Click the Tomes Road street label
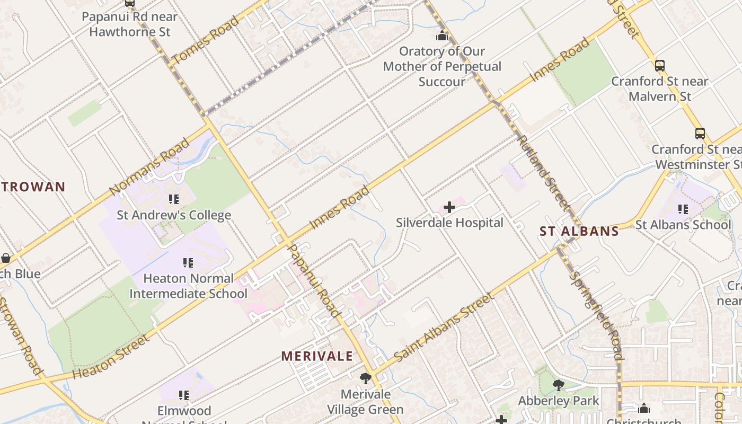(206, 40)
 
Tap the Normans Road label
(149, 166)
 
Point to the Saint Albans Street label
(444, 327)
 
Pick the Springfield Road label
(595, 315)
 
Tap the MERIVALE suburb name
(317, 356)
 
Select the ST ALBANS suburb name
(579, 231)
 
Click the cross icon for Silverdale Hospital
(449, 207)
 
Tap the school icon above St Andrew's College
(173, 199)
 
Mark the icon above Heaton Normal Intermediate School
(188, 263)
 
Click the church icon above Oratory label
(442, 36)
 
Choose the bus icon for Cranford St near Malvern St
(659, 66)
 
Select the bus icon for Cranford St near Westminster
(700, 134)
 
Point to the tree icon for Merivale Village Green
(365, 378)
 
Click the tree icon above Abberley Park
(558, 385)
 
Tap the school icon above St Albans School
(683, 209)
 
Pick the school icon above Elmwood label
(184, 395)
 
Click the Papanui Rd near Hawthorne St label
(129, 24)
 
